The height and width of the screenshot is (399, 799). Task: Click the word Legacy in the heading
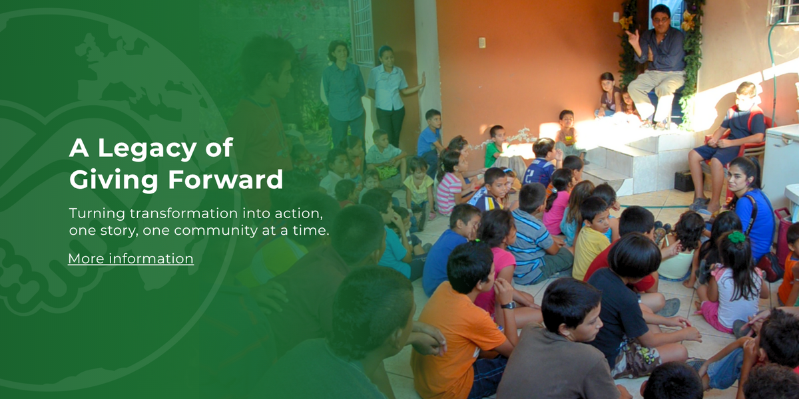(147, 148)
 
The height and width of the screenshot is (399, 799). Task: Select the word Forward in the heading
(226, 179)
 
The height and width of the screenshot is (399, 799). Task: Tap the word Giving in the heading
(113, 180)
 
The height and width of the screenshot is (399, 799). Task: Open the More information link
(131, 259)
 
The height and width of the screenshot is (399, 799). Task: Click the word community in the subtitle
(216, 231)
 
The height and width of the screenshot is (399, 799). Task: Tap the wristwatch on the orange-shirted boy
(507, 306)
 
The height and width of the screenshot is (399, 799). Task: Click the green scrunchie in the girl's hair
(736, 237)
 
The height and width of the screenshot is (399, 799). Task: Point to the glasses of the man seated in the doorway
(661, 20)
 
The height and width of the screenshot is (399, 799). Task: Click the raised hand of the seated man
(633, 37)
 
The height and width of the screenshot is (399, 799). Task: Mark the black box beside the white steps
(684, 182)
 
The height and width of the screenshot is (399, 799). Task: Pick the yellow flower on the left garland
(626, 23)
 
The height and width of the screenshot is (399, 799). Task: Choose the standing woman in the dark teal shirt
(344, 93)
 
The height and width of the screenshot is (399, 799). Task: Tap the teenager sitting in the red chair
(728, 142)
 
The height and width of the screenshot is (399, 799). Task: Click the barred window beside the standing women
(362, 32)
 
